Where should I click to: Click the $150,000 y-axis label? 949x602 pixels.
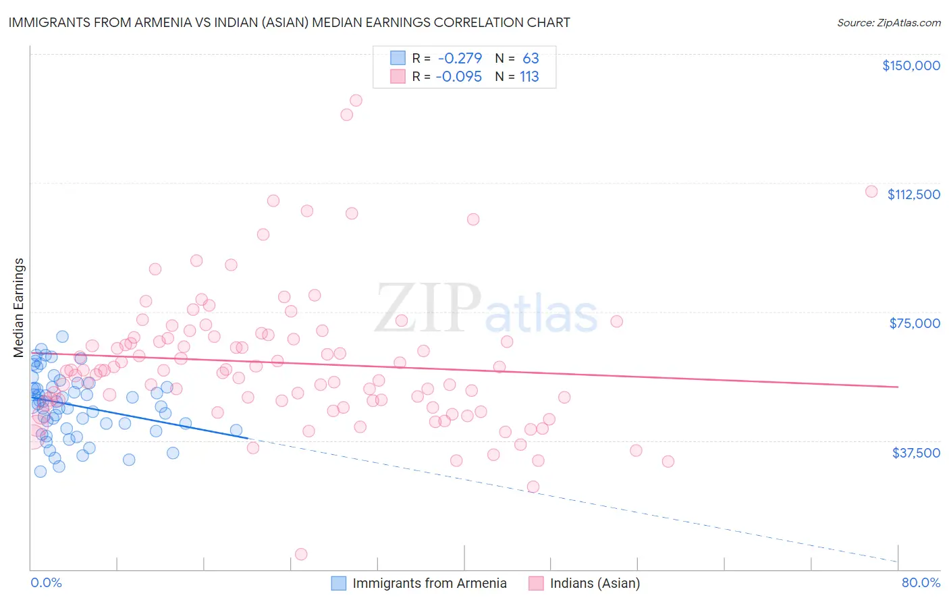pos(911,65)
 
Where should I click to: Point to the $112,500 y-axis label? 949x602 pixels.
pos(913,194)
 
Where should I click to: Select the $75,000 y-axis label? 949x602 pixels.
pos(915,323)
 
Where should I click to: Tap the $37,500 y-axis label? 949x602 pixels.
pos(916,452)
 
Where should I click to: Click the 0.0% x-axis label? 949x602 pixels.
pos(46,582)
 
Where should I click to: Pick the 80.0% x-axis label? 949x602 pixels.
pos(921,582)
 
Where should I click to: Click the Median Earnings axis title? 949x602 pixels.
pos(19,308)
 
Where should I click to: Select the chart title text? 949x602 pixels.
pos(289,22)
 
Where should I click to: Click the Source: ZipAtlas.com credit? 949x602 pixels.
pos(888,22)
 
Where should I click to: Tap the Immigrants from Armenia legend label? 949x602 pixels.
pos(429,583)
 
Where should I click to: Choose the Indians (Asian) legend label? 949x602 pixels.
pos(595,583)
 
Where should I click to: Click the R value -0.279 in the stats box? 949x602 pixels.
pos(459,58)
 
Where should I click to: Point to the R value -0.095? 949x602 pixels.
pos(459,76)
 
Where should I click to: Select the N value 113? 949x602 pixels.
pos(529,76)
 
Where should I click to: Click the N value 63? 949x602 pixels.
pos(531,58)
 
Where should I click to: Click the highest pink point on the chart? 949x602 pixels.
pos(356,100)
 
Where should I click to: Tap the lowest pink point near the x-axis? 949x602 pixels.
pos(301,554)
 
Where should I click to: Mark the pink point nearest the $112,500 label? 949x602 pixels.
pos(871,192)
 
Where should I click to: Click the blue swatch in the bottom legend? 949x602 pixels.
pos(339,583)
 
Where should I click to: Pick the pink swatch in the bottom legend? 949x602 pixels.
pos(536,583)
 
